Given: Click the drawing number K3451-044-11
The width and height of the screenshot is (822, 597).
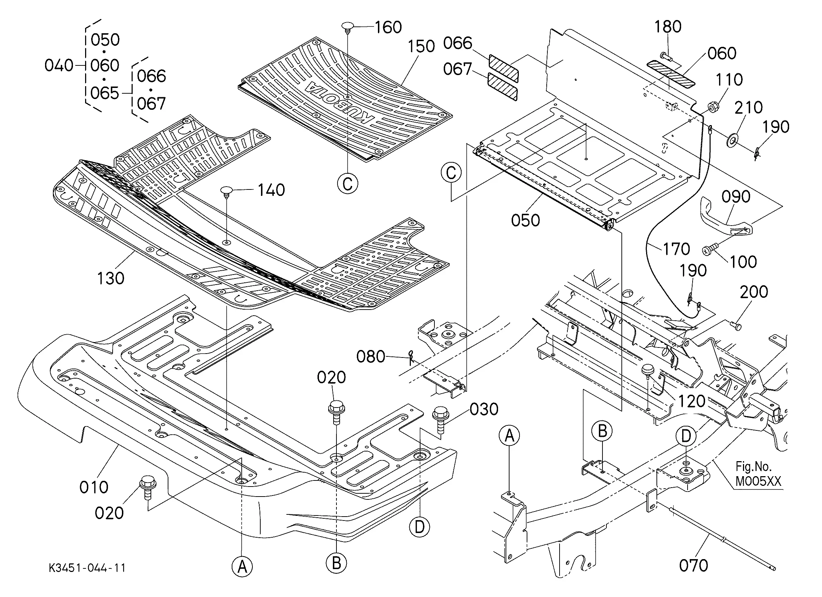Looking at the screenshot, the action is [87, 568].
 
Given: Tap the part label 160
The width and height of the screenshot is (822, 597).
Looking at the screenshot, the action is [388, 27].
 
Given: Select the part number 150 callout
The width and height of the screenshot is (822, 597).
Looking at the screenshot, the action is [421, 46].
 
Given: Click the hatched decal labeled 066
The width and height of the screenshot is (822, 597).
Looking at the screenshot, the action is [503, 68].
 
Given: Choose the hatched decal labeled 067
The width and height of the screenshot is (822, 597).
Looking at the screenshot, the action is [503, 87].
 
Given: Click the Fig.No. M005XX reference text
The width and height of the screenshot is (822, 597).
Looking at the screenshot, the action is [758, 473].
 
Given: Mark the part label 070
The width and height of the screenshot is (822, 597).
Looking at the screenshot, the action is [693, 566].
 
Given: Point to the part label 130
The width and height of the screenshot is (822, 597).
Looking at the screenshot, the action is [110, 278].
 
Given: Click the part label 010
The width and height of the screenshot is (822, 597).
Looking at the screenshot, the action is [94, 487].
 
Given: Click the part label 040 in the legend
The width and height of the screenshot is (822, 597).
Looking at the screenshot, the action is [59, 66].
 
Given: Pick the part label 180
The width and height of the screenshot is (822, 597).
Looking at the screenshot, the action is [668, 26].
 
